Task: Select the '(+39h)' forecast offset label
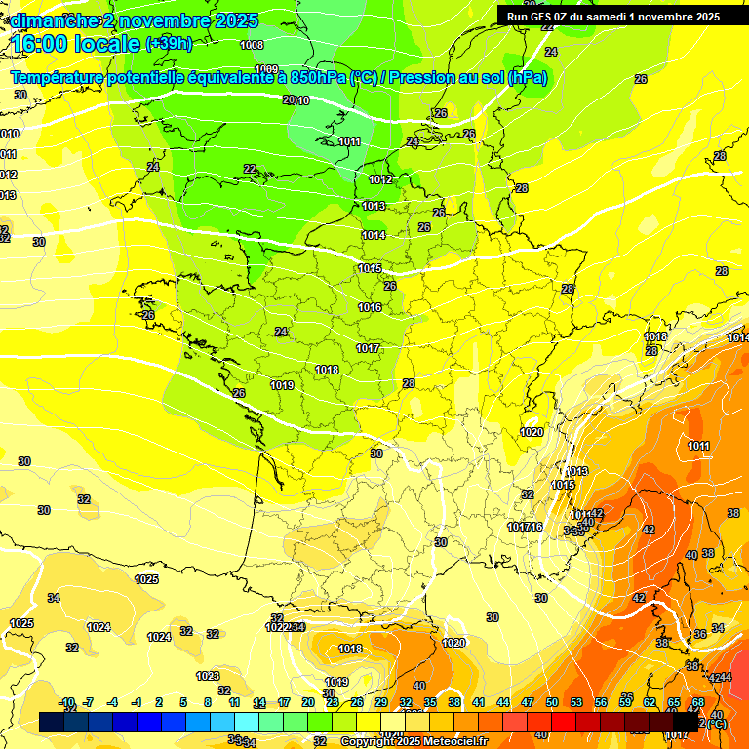[x=169, y=44]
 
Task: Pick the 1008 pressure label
[x=252, y=45]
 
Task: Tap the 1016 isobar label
[x=370, y=307]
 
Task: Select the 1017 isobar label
[x=368, y=348]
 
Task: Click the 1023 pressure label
[x=208, y=676]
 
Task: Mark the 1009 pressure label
[x=265, y=69]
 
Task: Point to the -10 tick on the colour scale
[x=66, y=703]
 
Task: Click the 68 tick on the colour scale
[x=698, y=703]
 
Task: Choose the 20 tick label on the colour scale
[x=308, y=703]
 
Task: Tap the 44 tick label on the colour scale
[x=503, y=703]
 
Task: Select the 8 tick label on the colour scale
[x=208, y=703]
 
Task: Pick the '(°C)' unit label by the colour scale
[x=716, y=723]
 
